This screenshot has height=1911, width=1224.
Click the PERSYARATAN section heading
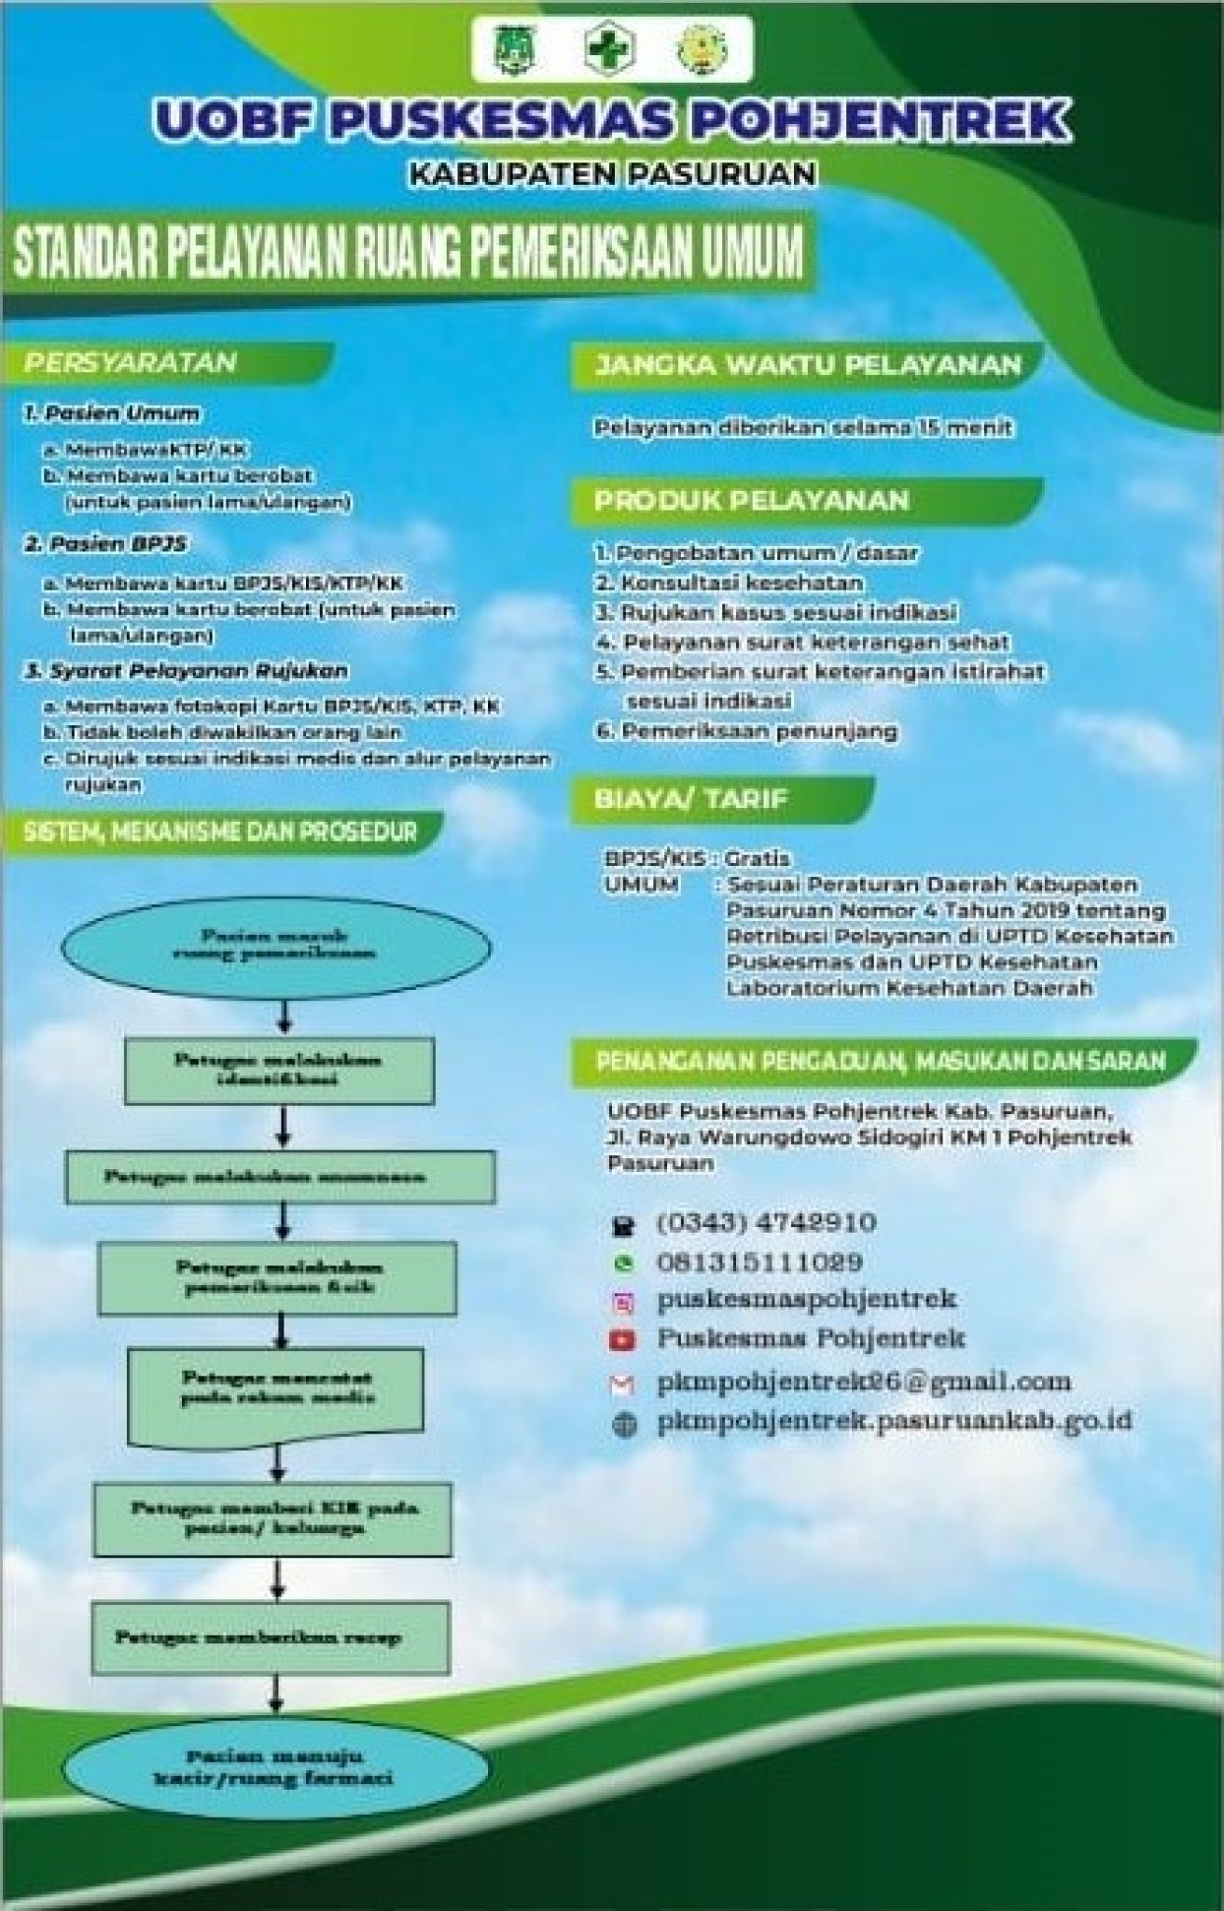[x=131, y=362]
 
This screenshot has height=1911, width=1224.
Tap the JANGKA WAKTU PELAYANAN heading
[x=808, y=365]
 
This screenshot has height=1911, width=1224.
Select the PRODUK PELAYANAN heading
[x=752, y=500]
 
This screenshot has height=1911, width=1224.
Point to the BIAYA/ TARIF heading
[x=691, y=799]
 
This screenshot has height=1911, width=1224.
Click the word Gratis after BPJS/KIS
[x=758, y=858]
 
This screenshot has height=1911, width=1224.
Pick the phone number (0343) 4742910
[x=766, y=1222]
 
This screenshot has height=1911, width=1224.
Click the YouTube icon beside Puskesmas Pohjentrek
[x=622, y=1341]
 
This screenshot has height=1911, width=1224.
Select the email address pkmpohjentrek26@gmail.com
[x=863, y=1381]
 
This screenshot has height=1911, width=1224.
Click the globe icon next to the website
[x=623, y=1425]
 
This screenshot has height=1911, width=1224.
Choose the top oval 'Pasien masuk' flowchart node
[x=274, y=944]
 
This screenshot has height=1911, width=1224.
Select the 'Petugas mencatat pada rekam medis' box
[x=278, y=1388]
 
